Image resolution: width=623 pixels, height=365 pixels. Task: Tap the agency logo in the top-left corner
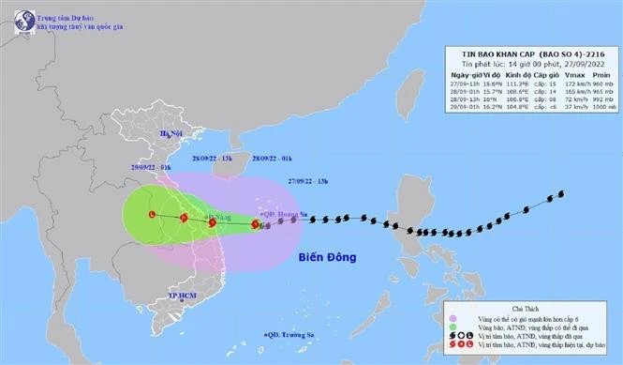click(x=20, y=21)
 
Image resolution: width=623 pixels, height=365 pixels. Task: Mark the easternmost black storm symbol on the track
click(x=561, y=194)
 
